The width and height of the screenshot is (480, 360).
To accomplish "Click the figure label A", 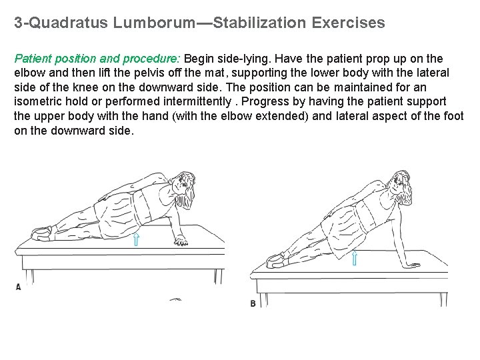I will pyautogui.click(x=18, y=287).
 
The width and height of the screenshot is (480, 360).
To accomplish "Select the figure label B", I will pyautogui.click(x=253, y=304).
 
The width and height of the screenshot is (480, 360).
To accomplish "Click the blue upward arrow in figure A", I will pyautogui.click(x=136, y=238).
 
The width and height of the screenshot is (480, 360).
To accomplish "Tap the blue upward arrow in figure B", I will pyautogui.click(x=354, y=257).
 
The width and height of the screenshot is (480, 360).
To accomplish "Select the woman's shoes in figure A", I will pyautogui.click(x=41, y=231).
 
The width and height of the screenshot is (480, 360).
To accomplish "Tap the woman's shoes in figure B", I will pyautogui.click(x=275, y=259).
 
